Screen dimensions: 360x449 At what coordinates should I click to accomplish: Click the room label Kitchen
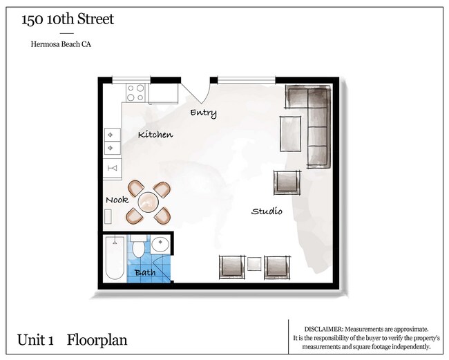(155, 134)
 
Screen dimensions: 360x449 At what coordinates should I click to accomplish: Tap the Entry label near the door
(203, 113)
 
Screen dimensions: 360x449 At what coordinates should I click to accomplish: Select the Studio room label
(266, 211)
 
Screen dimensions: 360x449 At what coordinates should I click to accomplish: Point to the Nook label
(117, 200)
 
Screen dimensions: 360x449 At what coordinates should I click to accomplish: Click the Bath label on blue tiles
(144, 272)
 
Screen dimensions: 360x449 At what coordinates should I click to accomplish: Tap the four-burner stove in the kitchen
(135, 91)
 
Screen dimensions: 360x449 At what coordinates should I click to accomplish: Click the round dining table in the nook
(149, 202)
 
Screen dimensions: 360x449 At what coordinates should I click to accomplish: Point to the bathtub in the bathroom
(115, 258)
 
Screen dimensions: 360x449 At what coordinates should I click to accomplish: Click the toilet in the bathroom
(138, 247)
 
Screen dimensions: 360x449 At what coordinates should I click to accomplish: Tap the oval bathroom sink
(160, 244)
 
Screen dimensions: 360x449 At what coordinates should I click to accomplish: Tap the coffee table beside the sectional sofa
(290, 133)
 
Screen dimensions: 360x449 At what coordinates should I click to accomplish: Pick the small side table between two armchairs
(254, 265)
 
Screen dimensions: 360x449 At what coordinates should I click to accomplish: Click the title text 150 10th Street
(68, 19)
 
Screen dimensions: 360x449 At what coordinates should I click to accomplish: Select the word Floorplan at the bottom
(97, 340)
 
